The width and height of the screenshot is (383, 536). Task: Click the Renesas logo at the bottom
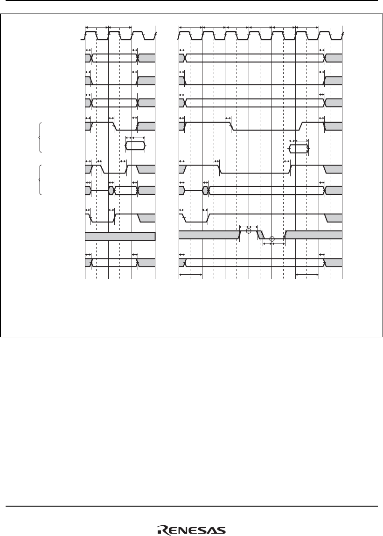click(x=191, y=530)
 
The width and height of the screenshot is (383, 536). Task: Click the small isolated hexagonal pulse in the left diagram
click(x=135, y=146)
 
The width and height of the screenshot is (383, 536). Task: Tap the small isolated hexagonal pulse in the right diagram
click(x=299, y=149)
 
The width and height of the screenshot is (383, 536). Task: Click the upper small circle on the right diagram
click(x=249, y=231)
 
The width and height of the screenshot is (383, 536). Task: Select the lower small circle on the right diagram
click(x=272, y=239)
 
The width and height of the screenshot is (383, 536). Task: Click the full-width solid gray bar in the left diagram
click(x=120, y=236)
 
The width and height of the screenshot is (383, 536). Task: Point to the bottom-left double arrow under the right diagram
click(x=190, y=275)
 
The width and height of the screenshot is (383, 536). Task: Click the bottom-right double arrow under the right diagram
click(x=307, y=275)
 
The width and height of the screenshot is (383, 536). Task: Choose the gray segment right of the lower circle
click(x=313, y=235)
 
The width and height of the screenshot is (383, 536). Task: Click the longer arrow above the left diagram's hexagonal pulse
click(x=138, y=138)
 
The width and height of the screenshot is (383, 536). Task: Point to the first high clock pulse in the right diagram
click(x=185, y=33)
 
